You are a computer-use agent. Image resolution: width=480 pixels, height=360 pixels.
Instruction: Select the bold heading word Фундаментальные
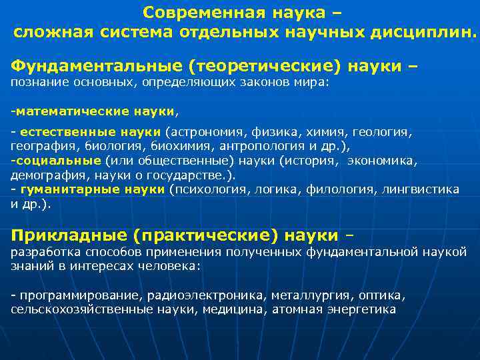[96, 66]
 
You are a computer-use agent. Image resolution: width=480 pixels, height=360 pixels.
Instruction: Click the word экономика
[385, 161]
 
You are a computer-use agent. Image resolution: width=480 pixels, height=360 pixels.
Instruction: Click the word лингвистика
[421, 189]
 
